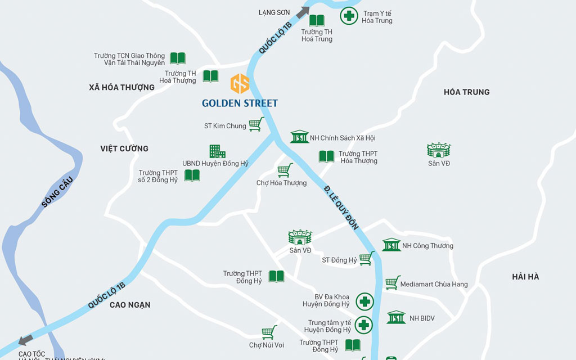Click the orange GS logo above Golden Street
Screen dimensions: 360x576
point(240,83)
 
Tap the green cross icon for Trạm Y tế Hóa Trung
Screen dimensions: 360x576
point(349,15)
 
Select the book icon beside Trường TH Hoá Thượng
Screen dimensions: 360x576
point(210,76)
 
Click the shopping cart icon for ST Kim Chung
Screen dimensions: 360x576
point(256,124)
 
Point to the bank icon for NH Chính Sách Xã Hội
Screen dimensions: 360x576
point(300,137)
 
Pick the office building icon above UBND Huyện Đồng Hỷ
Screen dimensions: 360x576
point(217,151)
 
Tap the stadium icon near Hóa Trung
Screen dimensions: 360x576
point(439,150)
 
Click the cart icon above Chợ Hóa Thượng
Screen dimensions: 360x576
point(285,169)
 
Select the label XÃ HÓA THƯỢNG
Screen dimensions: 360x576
point(121,87)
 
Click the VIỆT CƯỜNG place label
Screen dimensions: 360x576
point(124,148)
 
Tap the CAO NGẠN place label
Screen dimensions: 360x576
point(130,305)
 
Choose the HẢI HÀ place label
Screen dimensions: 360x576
point(525,276)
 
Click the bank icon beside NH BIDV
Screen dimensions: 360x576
point(396,317)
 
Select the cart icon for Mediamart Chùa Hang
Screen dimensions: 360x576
point(393,282)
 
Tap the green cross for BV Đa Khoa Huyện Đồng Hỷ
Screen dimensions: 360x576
point(364,301)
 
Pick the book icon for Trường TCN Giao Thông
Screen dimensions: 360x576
point(178,58)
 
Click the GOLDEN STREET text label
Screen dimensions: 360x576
point(240,103)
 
